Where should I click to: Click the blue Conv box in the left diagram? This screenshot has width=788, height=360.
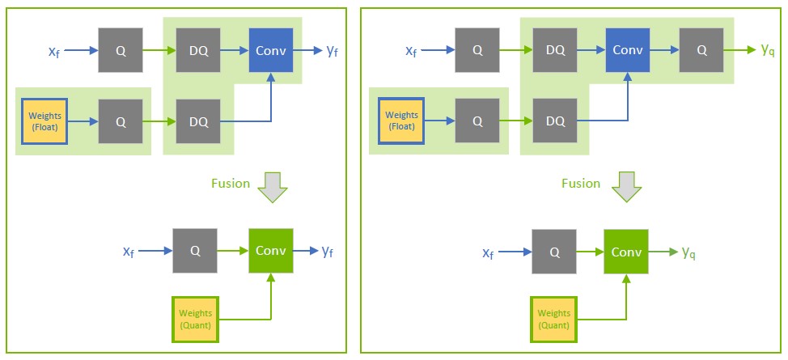tap(271, 50)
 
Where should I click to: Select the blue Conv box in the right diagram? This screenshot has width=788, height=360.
tap(627, 50)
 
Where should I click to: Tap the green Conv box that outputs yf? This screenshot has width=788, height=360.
tap(271, 251)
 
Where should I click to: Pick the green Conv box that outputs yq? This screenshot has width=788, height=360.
tap(627, 252)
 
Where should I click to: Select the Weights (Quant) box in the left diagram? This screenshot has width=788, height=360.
tap(195, 319)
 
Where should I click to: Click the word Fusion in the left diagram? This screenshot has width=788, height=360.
tap(231, 183)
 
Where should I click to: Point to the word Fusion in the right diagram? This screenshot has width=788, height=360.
tap(581, 183)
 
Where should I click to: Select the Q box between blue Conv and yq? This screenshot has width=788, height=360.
tap(701, 50)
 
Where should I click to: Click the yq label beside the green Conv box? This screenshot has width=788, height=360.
tap(689, 252)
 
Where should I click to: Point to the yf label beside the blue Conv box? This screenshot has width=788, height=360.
tap(332, 51)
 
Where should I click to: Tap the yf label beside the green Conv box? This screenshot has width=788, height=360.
tap(328, 252)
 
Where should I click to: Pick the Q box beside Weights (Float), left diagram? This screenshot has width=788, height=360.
tap(121, 121)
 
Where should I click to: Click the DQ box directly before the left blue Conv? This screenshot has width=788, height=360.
tap(198, 50)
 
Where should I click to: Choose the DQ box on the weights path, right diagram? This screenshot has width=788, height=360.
tap(555, 121)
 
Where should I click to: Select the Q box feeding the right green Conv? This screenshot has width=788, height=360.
tap(554, 252)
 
